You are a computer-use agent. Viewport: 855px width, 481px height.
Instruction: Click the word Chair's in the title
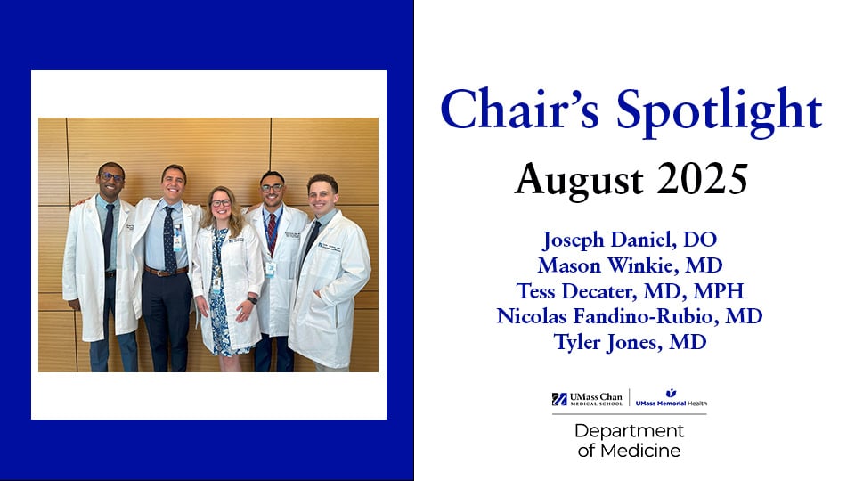506,111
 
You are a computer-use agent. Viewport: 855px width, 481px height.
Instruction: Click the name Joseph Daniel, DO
628,239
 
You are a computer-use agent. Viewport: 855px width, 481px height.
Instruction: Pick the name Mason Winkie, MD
628,265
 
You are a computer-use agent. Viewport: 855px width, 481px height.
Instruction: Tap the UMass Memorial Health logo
671,399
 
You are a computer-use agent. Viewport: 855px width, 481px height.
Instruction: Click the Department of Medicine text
629,440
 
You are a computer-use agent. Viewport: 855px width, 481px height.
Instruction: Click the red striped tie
271,233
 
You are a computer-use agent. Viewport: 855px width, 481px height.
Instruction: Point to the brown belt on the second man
168,271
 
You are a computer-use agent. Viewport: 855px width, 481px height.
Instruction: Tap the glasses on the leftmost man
111,178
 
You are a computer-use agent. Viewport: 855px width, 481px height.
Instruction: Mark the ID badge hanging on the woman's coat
216,282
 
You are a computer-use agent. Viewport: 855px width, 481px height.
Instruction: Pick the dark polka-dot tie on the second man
169,237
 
